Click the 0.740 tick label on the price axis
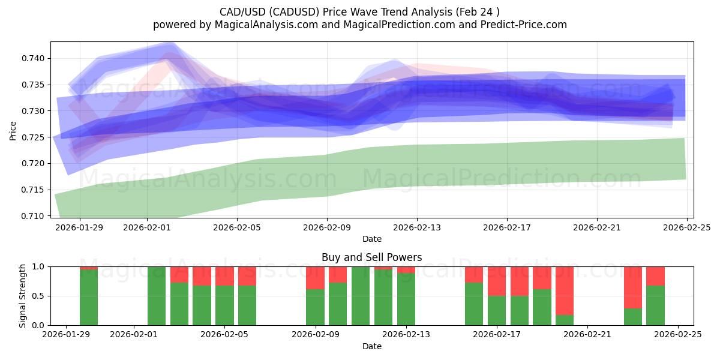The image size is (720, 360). point(34,58)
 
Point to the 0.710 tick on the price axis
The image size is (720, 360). point(34,216)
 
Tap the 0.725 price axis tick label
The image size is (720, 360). point(34,137)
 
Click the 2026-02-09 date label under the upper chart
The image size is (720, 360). point(327,228)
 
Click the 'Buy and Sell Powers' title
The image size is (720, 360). point(371,257)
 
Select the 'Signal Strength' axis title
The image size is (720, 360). point(23,296)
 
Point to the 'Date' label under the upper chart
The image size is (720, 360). point(371,239)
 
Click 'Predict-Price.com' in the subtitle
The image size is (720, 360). point(520,25)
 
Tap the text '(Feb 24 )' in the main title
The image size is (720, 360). point(477,11)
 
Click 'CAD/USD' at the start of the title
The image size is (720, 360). point(239,11)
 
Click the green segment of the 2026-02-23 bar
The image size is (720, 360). point(632,317)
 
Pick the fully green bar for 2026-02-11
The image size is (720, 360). point(361,296)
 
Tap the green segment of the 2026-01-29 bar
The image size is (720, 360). point(89,298)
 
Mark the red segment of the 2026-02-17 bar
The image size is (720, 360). point(497,281)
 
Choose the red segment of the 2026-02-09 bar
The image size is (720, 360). point(315,278)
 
